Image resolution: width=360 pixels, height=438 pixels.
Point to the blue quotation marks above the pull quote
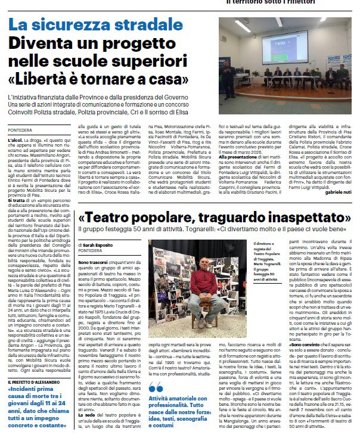154,387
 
